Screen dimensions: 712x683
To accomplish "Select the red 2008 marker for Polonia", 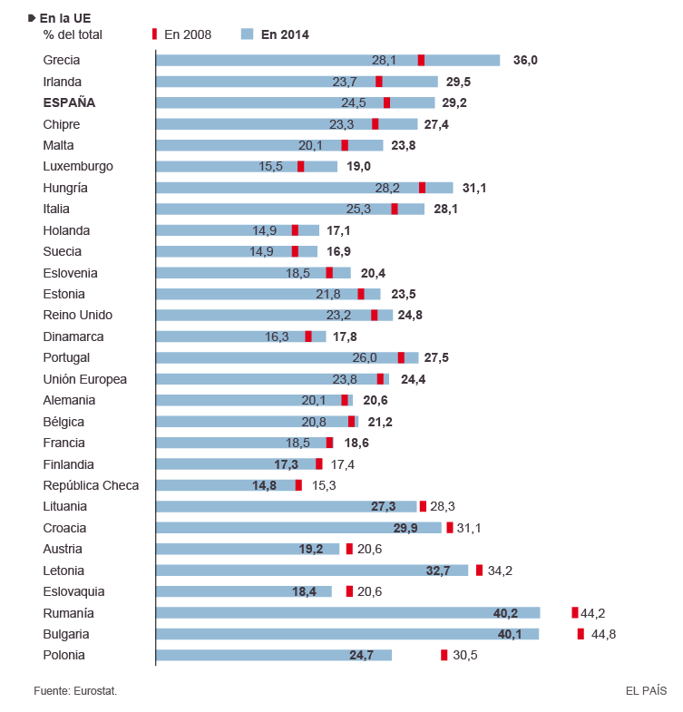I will [444, 655].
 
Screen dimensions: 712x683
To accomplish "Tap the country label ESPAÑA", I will [69, 102].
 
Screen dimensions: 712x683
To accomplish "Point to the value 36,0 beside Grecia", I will [525, 60].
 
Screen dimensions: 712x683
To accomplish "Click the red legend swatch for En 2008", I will [154, 34].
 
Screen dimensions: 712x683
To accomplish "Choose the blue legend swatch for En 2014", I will [247, 34].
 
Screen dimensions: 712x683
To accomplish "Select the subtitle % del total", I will [73, 34].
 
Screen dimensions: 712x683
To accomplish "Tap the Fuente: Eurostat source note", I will [75, 691].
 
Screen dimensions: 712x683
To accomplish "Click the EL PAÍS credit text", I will [646, 691].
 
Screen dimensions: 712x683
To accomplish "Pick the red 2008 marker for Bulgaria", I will [581, 634].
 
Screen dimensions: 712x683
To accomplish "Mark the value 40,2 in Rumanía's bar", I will [505, 613].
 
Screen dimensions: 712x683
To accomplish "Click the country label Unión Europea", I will [85, 379].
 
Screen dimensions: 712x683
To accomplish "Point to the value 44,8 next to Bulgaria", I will [603, 634].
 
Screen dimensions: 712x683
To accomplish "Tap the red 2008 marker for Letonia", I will [479, 571].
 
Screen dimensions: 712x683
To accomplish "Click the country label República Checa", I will [91, 485].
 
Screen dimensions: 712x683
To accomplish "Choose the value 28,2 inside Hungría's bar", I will [387, 188].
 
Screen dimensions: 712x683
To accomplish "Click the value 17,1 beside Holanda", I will [338, 230].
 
